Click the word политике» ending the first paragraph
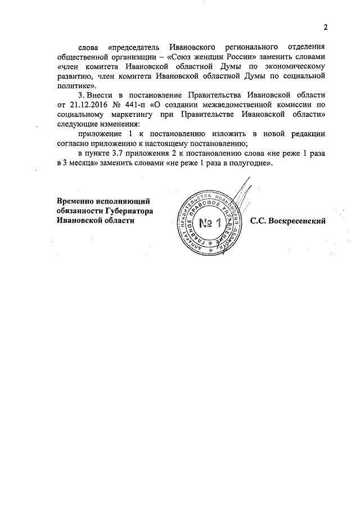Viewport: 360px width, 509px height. (77, 84)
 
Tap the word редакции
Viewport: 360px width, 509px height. (307, 134)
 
